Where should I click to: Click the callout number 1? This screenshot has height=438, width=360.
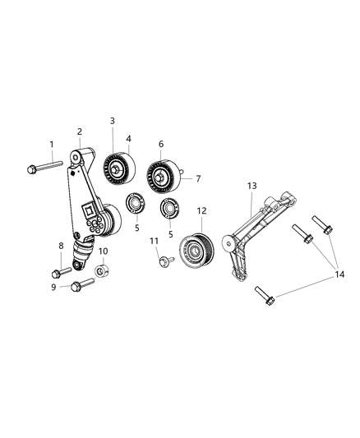point(51,145)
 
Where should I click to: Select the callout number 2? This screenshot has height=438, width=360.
point(80,131)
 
